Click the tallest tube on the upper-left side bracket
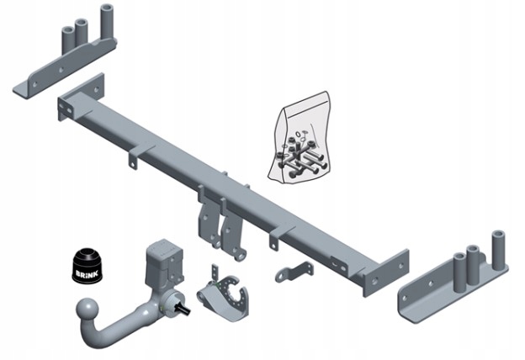107,24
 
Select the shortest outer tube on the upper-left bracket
66,37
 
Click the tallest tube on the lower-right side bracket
496,248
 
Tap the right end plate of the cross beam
384,272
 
